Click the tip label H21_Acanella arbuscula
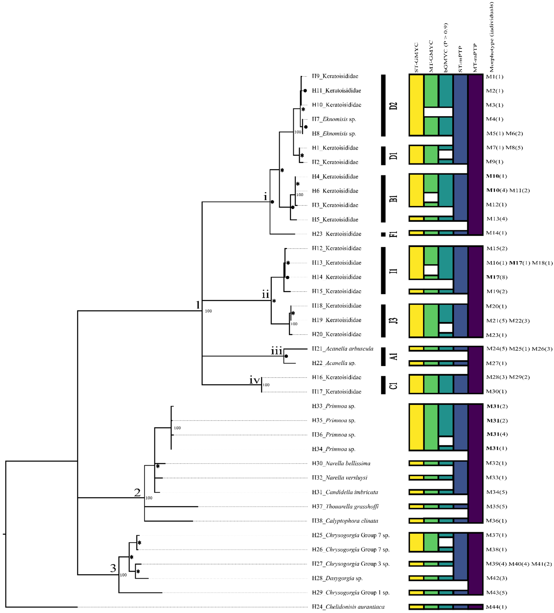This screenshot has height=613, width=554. [342, 349]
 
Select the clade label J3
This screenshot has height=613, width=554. [393, 320]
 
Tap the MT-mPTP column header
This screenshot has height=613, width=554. [475, 58]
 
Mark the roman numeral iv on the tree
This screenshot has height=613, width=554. [254, 380]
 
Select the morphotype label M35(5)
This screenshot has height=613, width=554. [496, 506]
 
